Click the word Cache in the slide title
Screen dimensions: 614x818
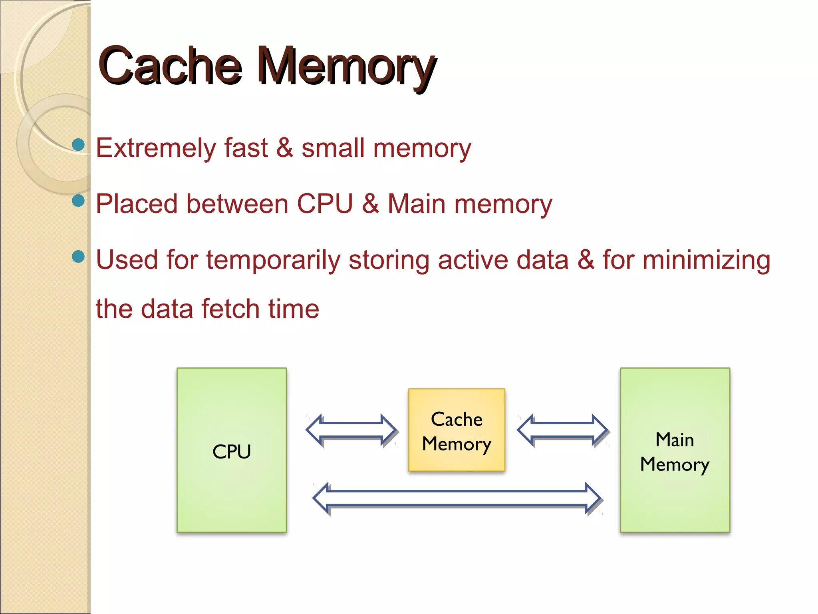[x=170, y=66]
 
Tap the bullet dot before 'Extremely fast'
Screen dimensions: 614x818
[x=78, y=144]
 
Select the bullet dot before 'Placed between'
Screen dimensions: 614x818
[x=78, y=200]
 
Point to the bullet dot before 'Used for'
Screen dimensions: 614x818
[x=78, y=256]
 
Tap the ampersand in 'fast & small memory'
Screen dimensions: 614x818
[x=284, y=148]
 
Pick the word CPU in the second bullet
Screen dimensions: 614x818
[x=325, y=204]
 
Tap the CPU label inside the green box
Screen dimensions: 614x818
[x=232, y=452]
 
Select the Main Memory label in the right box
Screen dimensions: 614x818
[x=675, y=452]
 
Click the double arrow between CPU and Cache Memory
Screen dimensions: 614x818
[x=351, y=430]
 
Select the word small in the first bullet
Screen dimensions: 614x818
[x=333, y=148]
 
